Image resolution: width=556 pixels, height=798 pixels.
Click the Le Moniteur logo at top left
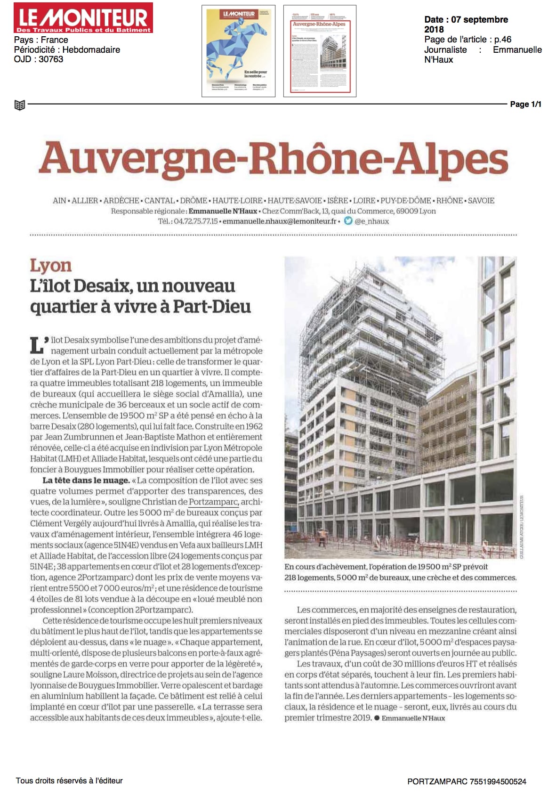[x=83, y=18]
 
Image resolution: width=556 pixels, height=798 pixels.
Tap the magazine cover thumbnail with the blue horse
[x=239, y=51]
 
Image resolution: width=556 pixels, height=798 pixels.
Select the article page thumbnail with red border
[x=320, y=51]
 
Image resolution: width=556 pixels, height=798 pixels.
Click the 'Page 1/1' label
[x=525, y=104]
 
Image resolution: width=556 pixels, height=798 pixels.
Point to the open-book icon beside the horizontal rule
[x=19, y=105]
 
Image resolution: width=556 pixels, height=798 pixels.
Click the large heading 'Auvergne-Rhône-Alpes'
[x=273, y=160]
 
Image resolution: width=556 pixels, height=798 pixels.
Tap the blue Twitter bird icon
[x=348, y=220]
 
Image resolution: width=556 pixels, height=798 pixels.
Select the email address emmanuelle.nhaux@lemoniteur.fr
[x=280, y=221]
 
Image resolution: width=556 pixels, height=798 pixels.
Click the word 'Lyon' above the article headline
[x=50, y=265]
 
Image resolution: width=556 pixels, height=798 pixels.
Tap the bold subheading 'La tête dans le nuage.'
[x=86, y=480]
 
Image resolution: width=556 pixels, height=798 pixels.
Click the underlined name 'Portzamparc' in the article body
[x=214, y=502]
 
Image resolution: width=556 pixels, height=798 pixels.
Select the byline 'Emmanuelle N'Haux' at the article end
[x=413, y=718]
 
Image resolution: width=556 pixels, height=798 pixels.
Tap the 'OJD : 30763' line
[x=39, y=59]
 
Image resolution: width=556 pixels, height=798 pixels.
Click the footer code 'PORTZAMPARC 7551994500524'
[x=467, y=782]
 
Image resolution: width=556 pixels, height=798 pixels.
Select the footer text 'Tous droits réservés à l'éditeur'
[x=69, y=781]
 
